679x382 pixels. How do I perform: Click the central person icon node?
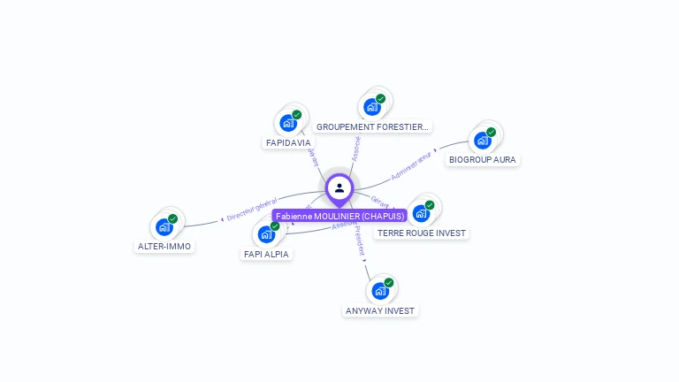[339, 188]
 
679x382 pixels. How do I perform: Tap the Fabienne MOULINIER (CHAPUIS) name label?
[339, 216]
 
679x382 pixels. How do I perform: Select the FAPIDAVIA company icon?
[287, 123]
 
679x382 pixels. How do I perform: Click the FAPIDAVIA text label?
[288, 142]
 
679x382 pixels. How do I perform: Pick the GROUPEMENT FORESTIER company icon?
[372, 107]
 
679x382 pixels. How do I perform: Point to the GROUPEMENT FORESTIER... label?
[372, 126]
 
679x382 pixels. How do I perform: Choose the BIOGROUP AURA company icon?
[482, 140]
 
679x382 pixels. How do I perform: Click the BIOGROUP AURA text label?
[483, 160]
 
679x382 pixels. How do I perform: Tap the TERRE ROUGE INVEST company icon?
[421, 213]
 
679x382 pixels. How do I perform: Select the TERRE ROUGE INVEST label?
[422, 233]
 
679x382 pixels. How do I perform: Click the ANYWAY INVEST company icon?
[380, 291]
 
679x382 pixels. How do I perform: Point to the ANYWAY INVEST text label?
[380, 310]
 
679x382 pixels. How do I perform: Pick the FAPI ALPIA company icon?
[266, 234]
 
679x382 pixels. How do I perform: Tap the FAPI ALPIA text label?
[266, 254]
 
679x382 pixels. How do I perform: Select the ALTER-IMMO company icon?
[164, 226]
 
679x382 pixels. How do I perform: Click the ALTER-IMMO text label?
[164, 246]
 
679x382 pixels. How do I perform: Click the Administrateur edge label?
[412, 165]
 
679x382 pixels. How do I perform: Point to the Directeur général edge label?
[252, 210]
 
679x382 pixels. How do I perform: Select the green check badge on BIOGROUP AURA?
[491, 133]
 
